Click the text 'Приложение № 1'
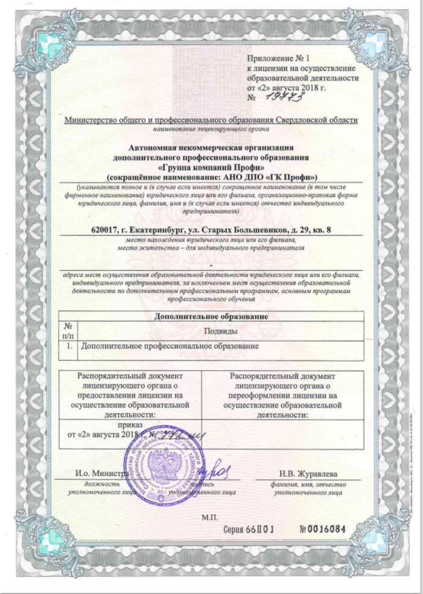pyautogui.click(x=277, y=59)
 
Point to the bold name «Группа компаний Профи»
pyautogui.click(x=211, y=167)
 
